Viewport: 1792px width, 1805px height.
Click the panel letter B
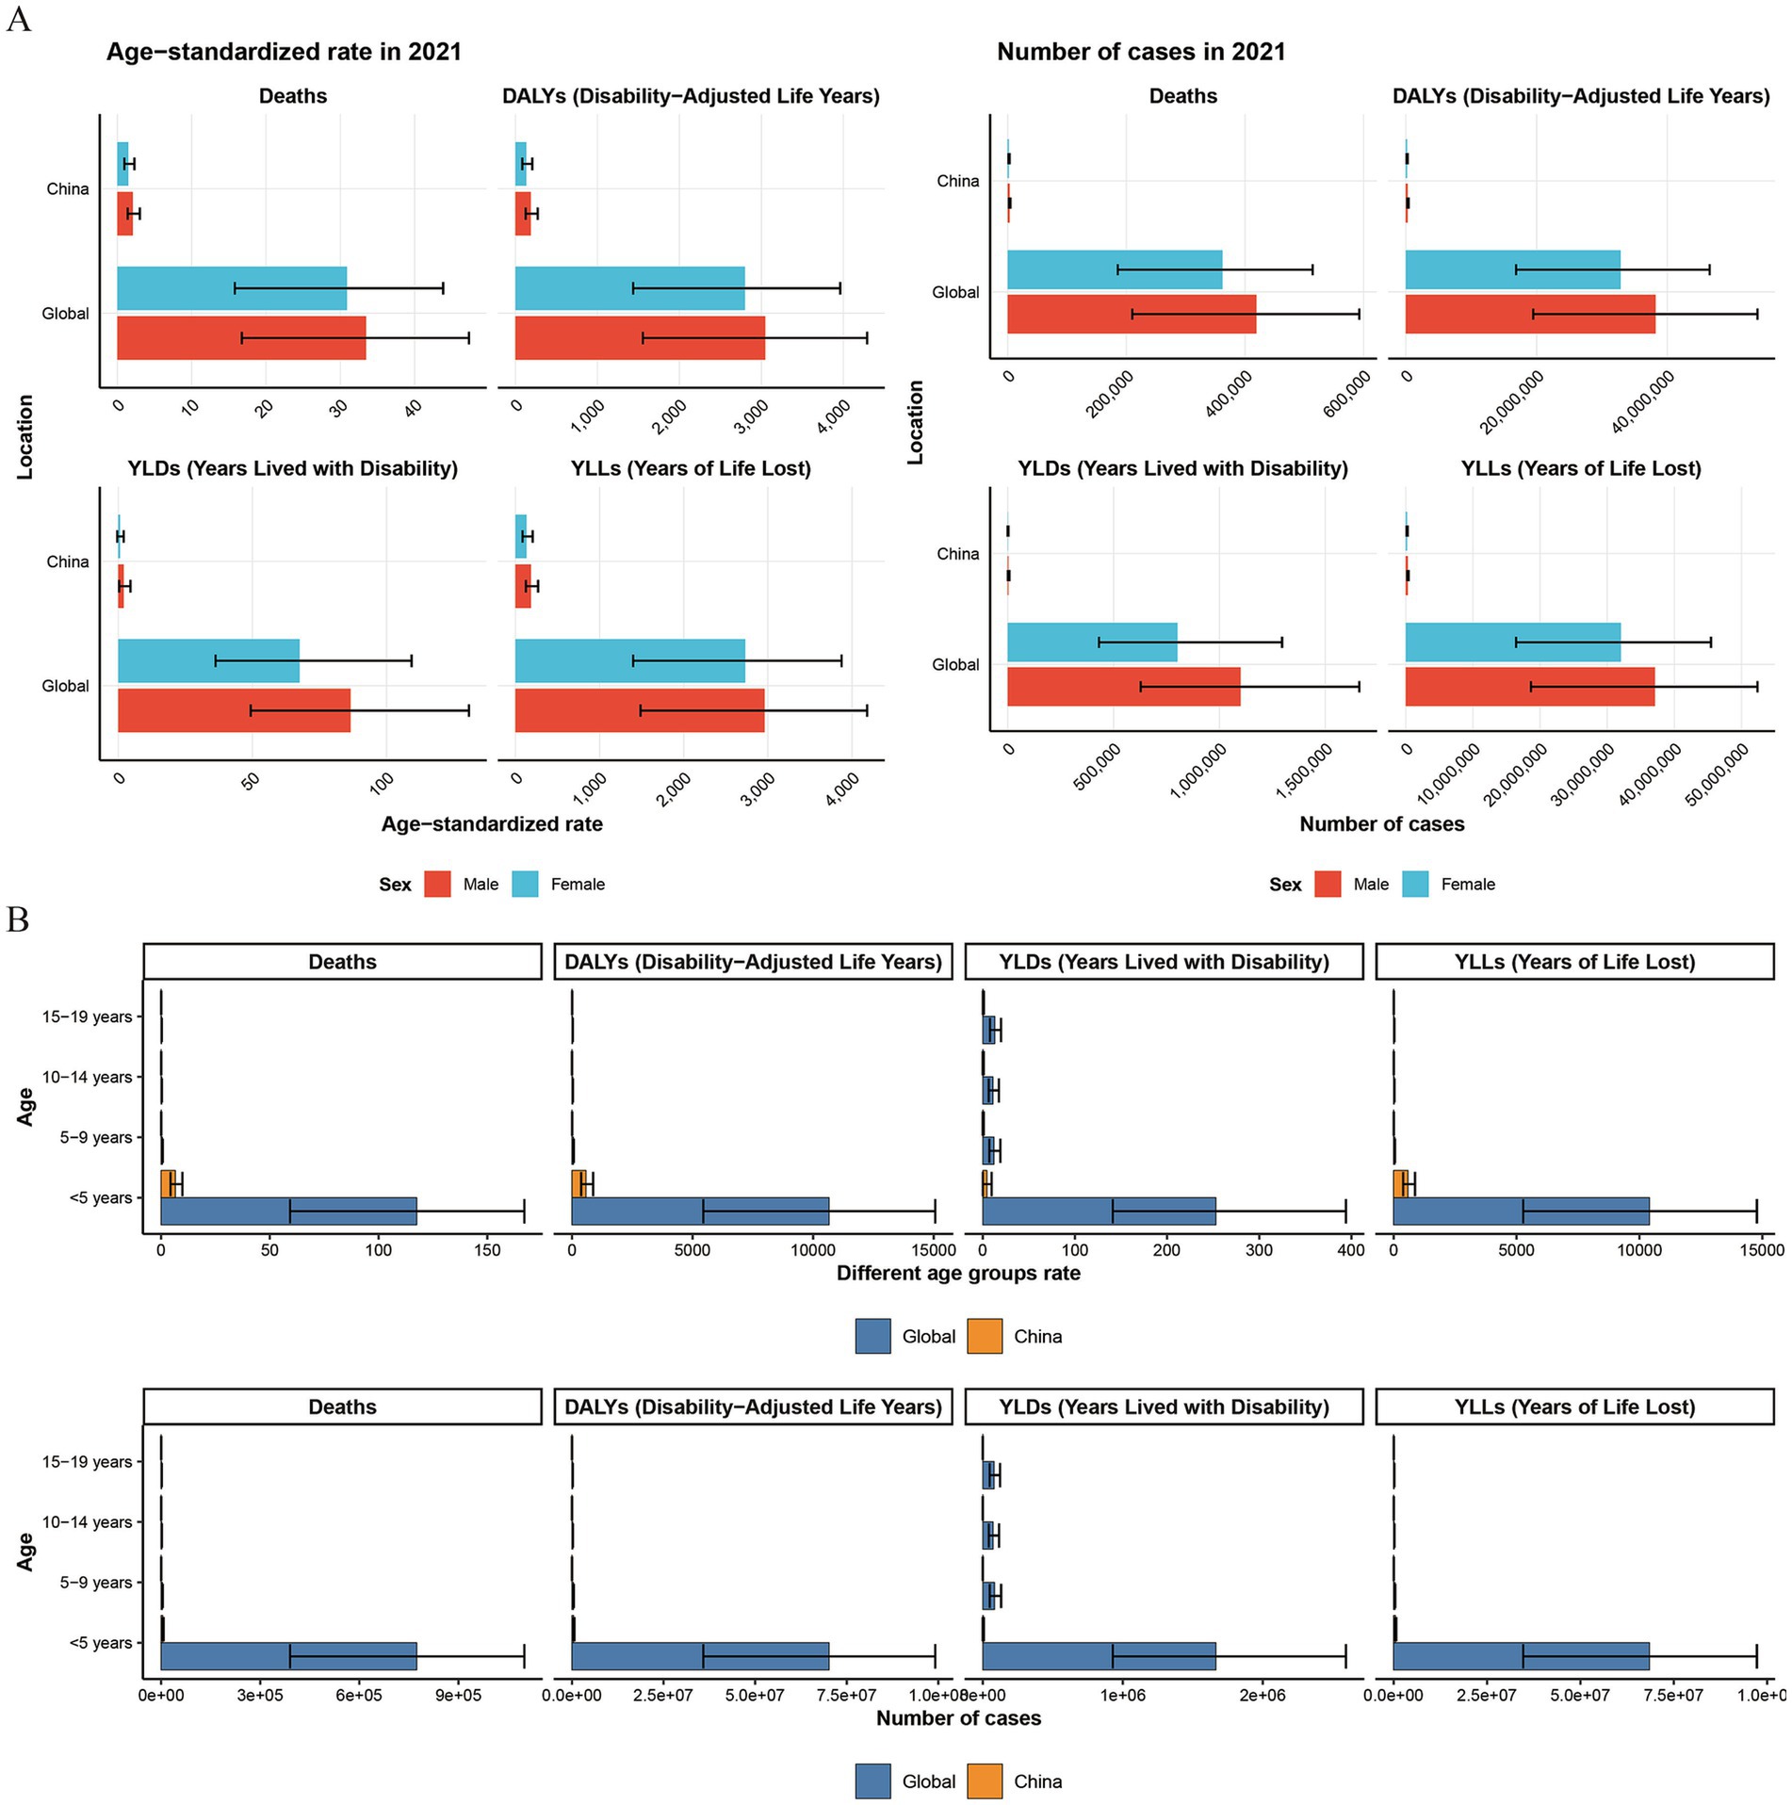point(18,919)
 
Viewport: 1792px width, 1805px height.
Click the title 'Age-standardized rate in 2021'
point(284,52)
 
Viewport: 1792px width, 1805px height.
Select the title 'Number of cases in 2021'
point(1141,52)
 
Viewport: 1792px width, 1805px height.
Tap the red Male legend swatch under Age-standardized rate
point(437,884)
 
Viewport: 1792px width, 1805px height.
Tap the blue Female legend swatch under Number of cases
point(1415,884)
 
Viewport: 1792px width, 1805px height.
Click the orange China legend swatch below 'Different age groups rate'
point(985,1336)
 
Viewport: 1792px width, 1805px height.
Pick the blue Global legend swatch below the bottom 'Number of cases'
point(872,1781)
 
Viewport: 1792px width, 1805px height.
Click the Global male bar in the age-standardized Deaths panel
point(241,338)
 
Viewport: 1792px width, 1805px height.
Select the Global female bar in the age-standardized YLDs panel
point(208,660)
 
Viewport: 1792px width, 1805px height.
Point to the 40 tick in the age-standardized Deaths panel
point(413,407)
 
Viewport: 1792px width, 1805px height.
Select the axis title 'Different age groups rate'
point(958,1274)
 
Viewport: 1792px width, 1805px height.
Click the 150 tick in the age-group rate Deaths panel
point(488,1250)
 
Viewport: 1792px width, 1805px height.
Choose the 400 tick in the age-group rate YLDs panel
point(1351,1250)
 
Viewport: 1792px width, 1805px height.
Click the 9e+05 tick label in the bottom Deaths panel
point(458,1695)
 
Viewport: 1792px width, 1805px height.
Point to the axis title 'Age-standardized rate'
point(492,824)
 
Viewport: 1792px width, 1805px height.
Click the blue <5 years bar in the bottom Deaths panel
point(288,1656)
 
